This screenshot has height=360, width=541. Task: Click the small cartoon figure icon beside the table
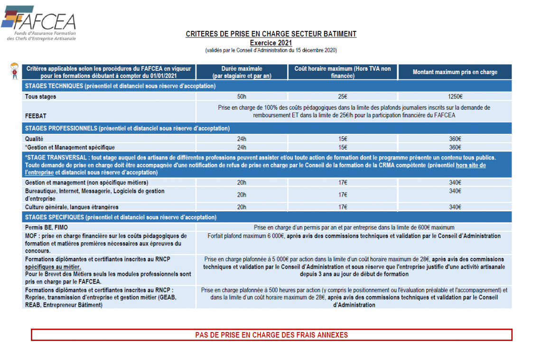click(14, 71)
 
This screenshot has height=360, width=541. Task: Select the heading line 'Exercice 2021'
click(271, 43)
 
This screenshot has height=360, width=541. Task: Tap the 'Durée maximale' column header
click(242, 72)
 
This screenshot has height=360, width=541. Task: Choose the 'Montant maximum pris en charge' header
click(455, 72)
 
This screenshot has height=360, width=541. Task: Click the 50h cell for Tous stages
click(242, 96)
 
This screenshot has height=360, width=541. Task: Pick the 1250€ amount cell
click(455, 96)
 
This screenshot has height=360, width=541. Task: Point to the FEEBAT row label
click(36, 115)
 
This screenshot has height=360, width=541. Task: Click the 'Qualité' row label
click(34, 139)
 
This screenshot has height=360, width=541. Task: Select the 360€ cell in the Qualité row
click(455, 139)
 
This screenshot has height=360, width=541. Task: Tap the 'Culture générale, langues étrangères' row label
click(72, 207)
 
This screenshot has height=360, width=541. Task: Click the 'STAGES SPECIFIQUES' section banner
click(121, 218)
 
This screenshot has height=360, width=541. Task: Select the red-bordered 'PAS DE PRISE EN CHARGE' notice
click(271, 335)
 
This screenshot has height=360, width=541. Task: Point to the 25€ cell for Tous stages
click(343, 96)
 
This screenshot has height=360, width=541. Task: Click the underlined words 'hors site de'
click(471, 165)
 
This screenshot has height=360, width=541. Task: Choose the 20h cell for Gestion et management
click(242, 182)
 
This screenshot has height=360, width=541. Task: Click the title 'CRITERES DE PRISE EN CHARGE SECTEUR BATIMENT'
click(271, 34)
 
